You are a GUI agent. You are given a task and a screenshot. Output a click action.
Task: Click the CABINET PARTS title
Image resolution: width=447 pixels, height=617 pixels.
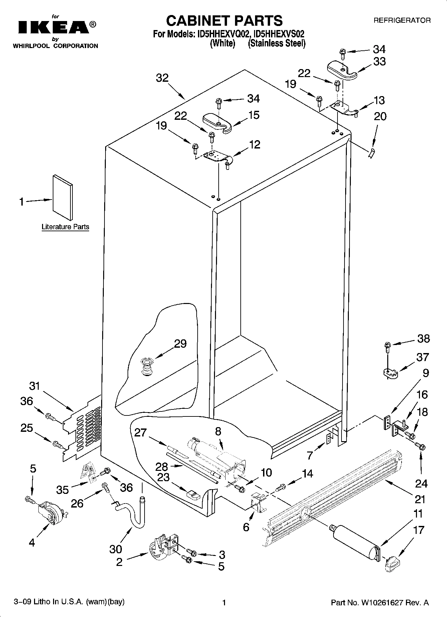tap(224, 21)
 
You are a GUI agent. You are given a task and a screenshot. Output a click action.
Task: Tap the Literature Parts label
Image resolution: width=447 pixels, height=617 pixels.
tap(65, 227)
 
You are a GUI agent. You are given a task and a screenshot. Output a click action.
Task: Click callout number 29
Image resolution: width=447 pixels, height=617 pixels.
tap(180, 344)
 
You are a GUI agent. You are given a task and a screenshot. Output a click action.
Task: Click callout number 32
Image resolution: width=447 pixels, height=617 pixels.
tap(162, 78)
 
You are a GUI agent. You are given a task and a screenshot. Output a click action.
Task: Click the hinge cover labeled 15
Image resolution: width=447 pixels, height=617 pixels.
tap(217, 123)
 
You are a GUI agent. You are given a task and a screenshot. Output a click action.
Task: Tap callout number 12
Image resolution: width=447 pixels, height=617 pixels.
tap(254, 144)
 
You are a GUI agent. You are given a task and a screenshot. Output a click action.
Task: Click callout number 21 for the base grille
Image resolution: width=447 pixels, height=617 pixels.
tap(420, 499)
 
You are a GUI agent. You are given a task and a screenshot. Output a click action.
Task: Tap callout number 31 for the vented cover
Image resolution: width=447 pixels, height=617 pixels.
tap(35, 386)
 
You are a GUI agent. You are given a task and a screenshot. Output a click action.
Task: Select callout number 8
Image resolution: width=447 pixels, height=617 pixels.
tap(218, 431)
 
